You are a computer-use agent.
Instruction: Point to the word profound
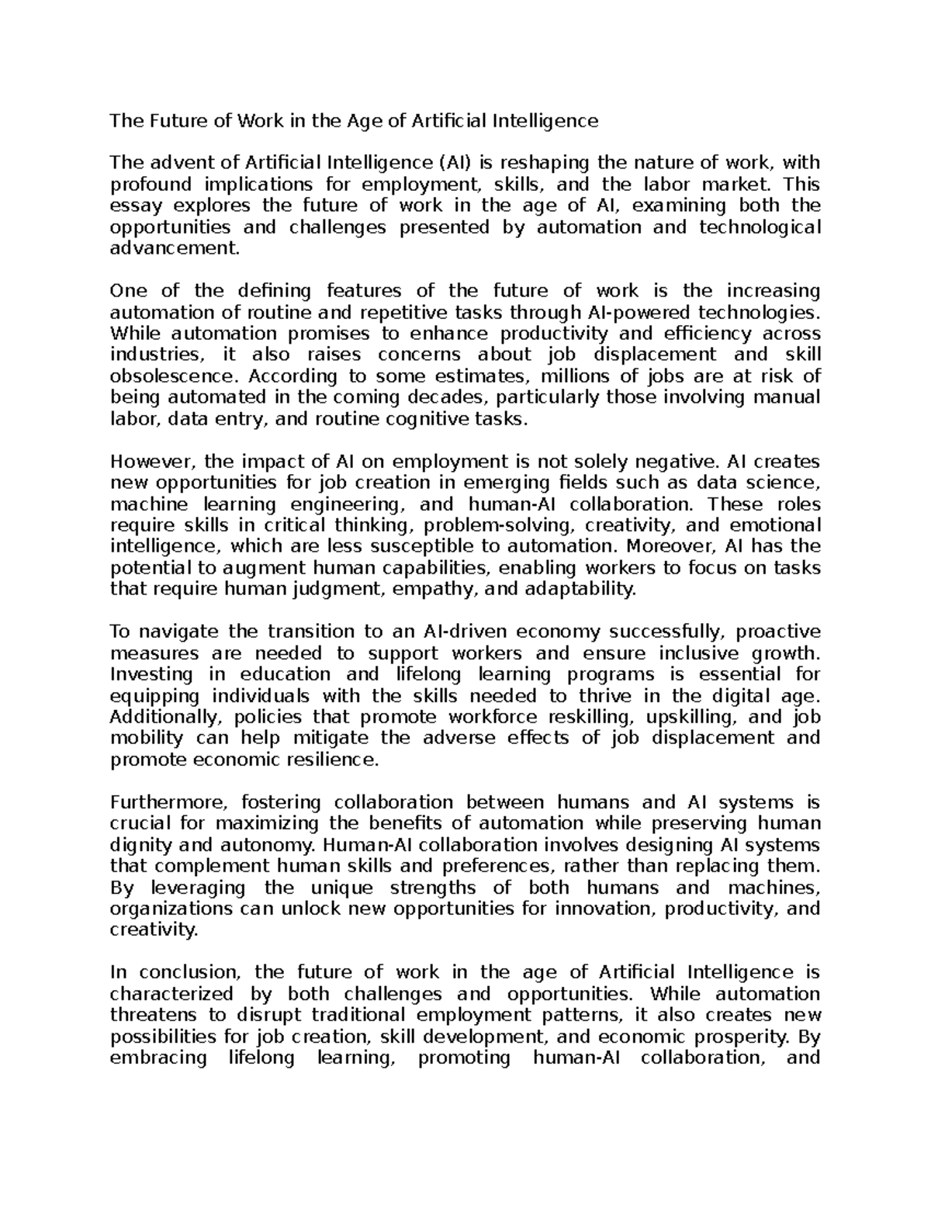(147, 185)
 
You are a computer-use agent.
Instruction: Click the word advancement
(175, 249)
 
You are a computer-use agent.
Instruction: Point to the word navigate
(175, 632)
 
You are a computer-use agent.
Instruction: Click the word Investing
(147, 674)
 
